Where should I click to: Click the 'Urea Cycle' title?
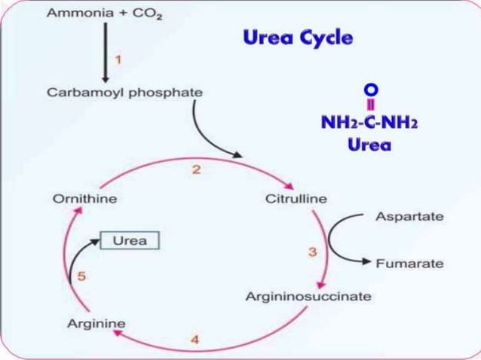(x=298, y=38)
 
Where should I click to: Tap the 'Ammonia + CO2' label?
(x=105, y=14)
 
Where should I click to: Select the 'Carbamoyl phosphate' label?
(x=125, y=93)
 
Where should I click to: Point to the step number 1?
(x=118, y=59)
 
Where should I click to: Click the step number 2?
(x=196, y=169)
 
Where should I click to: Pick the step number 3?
(x=312, y=252)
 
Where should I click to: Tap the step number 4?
(x=195, y=340)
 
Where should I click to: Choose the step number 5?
(x=81, y=276)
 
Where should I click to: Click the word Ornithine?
(x=85, y=199)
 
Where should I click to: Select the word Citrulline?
(x=296, y=199)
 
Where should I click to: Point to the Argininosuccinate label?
(x=308, y=297)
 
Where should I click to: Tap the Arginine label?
(x=97, y=324)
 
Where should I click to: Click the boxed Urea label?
(x=130, y=240)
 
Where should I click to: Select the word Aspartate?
(x=410, y=217)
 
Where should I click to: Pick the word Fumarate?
(x=410, y=264)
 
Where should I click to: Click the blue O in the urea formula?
(x=371, y=90)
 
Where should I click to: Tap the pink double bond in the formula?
(x=371, y=105)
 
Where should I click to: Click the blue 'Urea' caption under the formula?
(x=369, y=145)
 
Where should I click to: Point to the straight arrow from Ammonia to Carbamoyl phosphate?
(x=106, y=53)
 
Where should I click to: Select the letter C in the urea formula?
(x=371, y=123)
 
